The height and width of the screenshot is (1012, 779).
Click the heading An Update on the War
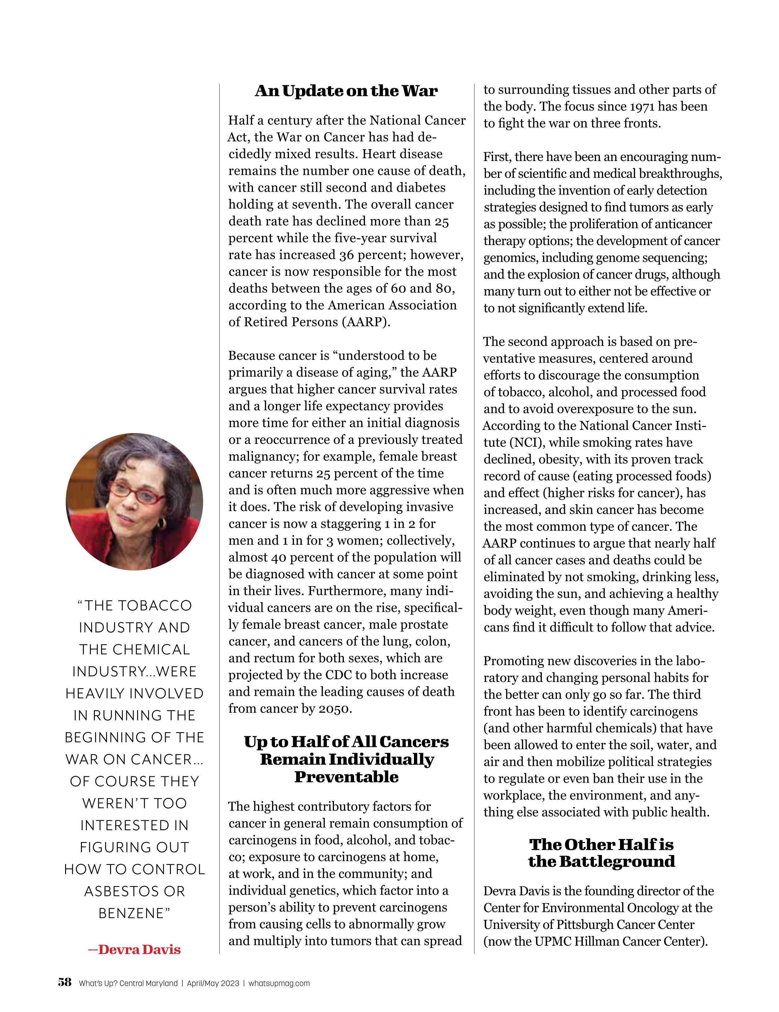346,91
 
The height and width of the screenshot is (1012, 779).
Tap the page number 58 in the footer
65,982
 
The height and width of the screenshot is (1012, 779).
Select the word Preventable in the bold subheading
346,777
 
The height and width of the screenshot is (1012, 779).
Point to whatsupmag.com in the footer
279,983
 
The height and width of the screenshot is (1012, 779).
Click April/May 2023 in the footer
213,983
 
